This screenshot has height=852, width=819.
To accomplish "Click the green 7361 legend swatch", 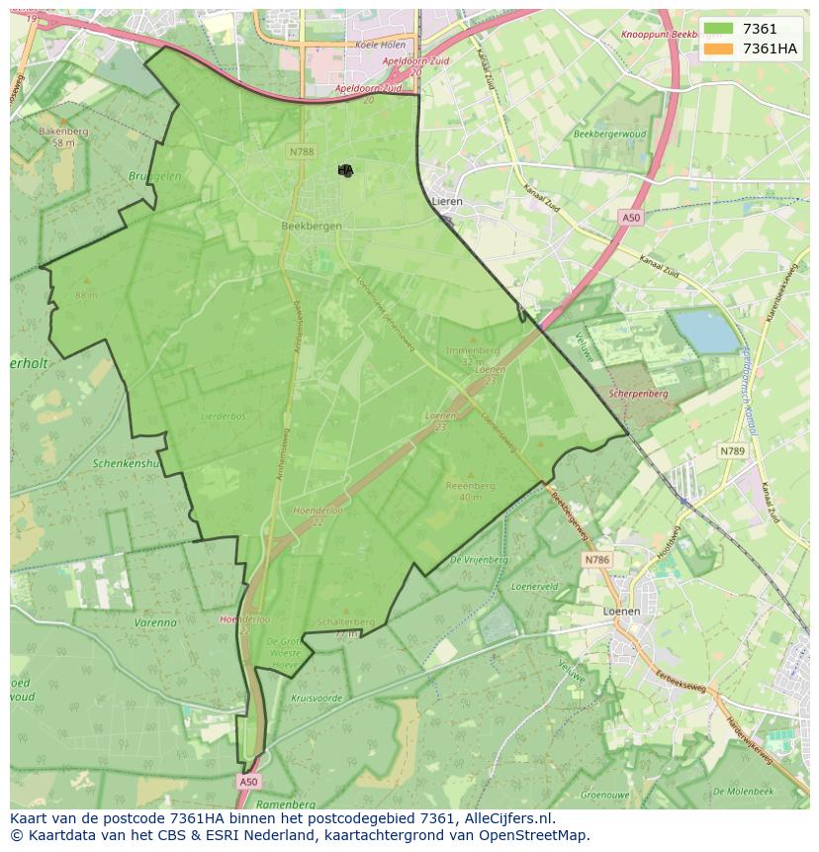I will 718,29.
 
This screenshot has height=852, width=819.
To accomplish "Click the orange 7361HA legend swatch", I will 718,48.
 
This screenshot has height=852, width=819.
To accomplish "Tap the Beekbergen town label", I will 312,226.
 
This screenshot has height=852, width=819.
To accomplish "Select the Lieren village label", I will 447,201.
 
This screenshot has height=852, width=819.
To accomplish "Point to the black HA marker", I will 345,170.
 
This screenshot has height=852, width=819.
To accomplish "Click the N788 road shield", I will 302,151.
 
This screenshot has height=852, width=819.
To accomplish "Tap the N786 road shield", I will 596,560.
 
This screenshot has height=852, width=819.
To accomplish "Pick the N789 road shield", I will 732,451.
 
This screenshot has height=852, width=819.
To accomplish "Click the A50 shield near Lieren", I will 631,217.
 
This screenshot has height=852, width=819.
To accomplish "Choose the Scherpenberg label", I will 639,394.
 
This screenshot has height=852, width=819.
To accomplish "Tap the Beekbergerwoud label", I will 609,134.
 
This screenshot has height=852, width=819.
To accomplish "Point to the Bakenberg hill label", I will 63,132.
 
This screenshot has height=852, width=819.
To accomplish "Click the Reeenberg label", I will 470,486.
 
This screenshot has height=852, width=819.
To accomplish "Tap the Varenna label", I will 154,623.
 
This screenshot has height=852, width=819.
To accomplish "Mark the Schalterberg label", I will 346,621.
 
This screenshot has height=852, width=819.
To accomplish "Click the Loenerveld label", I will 534,586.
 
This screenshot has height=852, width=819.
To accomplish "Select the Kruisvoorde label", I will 317,699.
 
